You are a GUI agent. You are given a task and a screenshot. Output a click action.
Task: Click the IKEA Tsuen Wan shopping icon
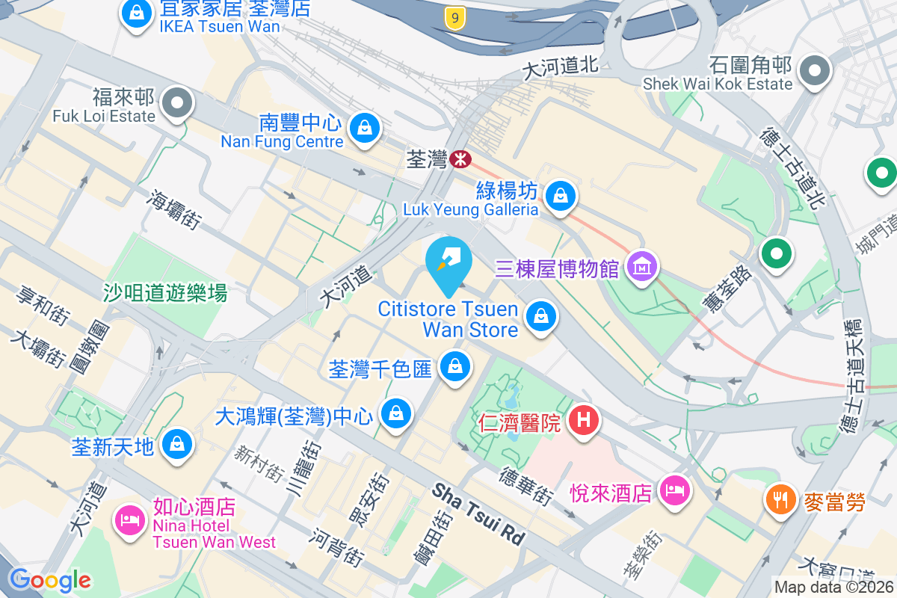[137, 13]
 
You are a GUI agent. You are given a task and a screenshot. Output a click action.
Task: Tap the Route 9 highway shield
[454, 17]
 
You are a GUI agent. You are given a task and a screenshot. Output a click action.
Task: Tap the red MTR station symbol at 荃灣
[460, 158]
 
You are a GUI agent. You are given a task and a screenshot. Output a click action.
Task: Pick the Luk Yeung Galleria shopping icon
[559, 196]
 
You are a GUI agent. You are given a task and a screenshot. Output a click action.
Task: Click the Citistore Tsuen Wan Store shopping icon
[540, 316]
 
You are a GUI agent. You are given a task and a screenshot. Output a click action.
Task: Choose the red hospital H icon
[584, 420]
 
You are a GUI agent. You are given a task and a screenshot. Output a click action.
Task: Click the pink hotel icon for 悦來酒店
[675, 490]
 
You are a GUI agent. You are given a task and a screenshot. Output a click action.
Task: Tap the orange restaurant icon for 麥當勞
[782, 499]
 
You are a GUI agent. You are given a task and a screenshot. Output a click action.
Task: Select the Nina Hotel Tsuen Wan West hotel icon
[130, 519]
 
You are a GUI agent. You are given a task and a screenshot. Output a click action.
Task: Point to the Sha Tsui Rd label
[478, 513]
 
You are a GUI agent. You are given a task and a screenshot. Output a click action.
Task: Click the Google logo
[49, 579]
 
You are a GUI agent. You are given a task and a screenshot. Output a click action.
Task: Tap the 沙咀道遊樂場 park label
[165, 292]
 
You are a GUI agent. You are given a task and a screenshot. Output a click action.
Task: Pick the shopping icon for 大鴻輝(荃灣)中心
[395, 413]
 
